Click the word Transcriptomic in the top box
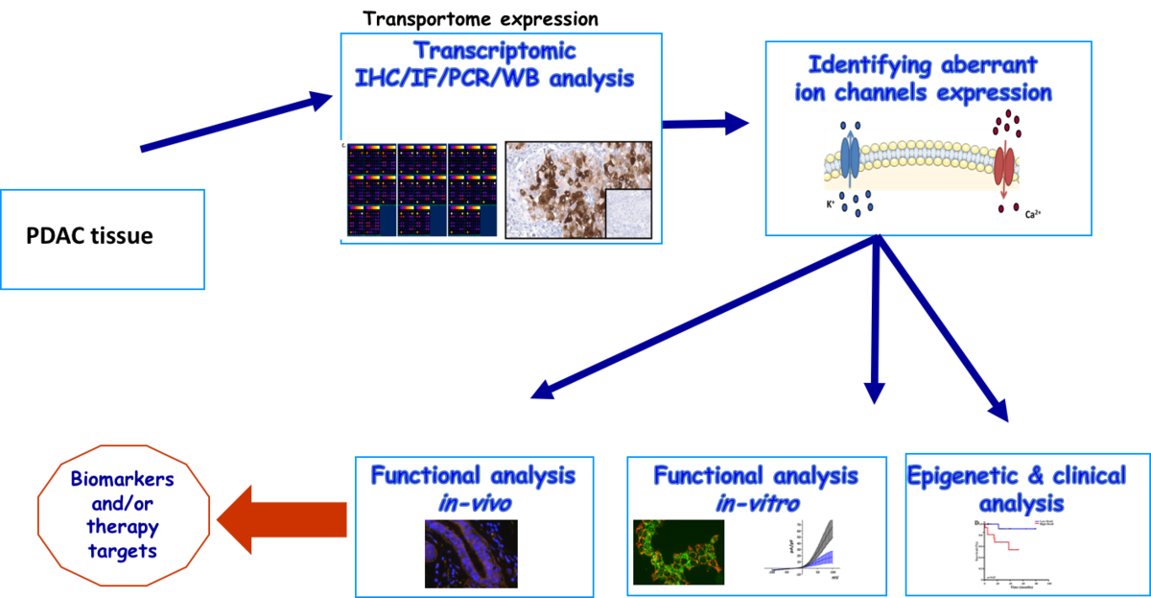tap(495, 50)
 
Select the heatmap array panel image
tap(422, 190)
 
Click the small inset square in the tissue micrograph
tap(628, 212)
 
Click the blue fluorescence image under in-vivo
tap(470, 554)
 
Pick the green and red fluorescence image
tap(678, 552)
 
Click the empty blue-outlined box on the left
tap(103, 239)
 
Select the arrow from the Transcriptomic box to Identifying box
tap(708, 123)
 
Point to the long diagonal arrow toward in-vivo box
tap(700, 320)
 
